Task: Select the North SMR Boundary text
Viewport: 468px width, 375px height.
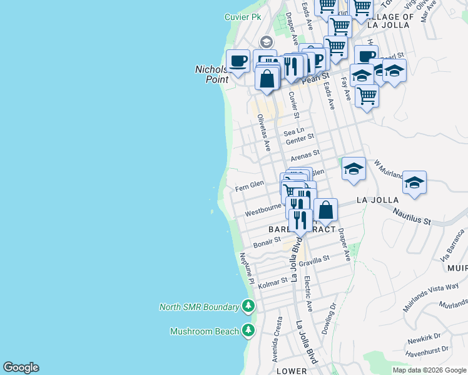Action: coord(199,307)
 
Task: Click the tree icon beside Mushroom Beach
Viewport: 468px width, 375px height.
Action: coord(249,331)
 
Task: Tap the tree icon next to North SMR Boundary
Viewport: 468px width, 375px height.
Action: coord(249,306)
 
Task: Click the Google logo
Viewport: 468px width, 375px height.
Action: coord(21,367)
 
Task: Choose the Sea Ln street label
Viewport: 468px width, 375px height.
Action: coord(293,132)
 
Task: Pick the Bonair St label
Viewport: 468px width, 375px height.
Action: coord(267,243)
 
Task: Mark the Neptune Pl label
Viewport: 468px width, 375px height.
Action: coord(246,269)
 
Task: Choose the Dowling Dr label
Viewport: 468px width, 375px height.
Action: coord(332,316)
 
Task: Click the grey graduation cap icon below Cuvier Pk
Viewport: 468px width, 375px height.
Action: coord(266,42)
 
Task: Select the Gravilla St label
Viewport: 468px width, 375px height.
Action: coord(314,261)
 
